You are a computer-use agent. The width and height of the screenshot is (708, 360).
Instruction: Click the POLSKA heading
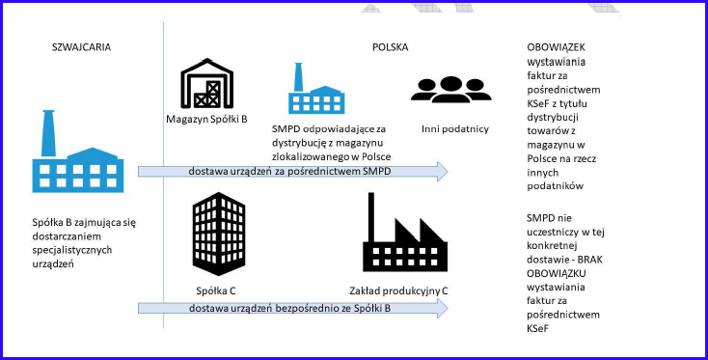391,47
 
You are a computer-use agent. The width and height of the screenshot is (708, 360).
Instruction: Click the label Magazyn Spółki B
207,121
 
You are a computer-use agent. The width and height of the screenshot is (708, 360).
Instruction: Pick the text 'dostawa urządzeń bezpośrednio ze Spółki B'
290,307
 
